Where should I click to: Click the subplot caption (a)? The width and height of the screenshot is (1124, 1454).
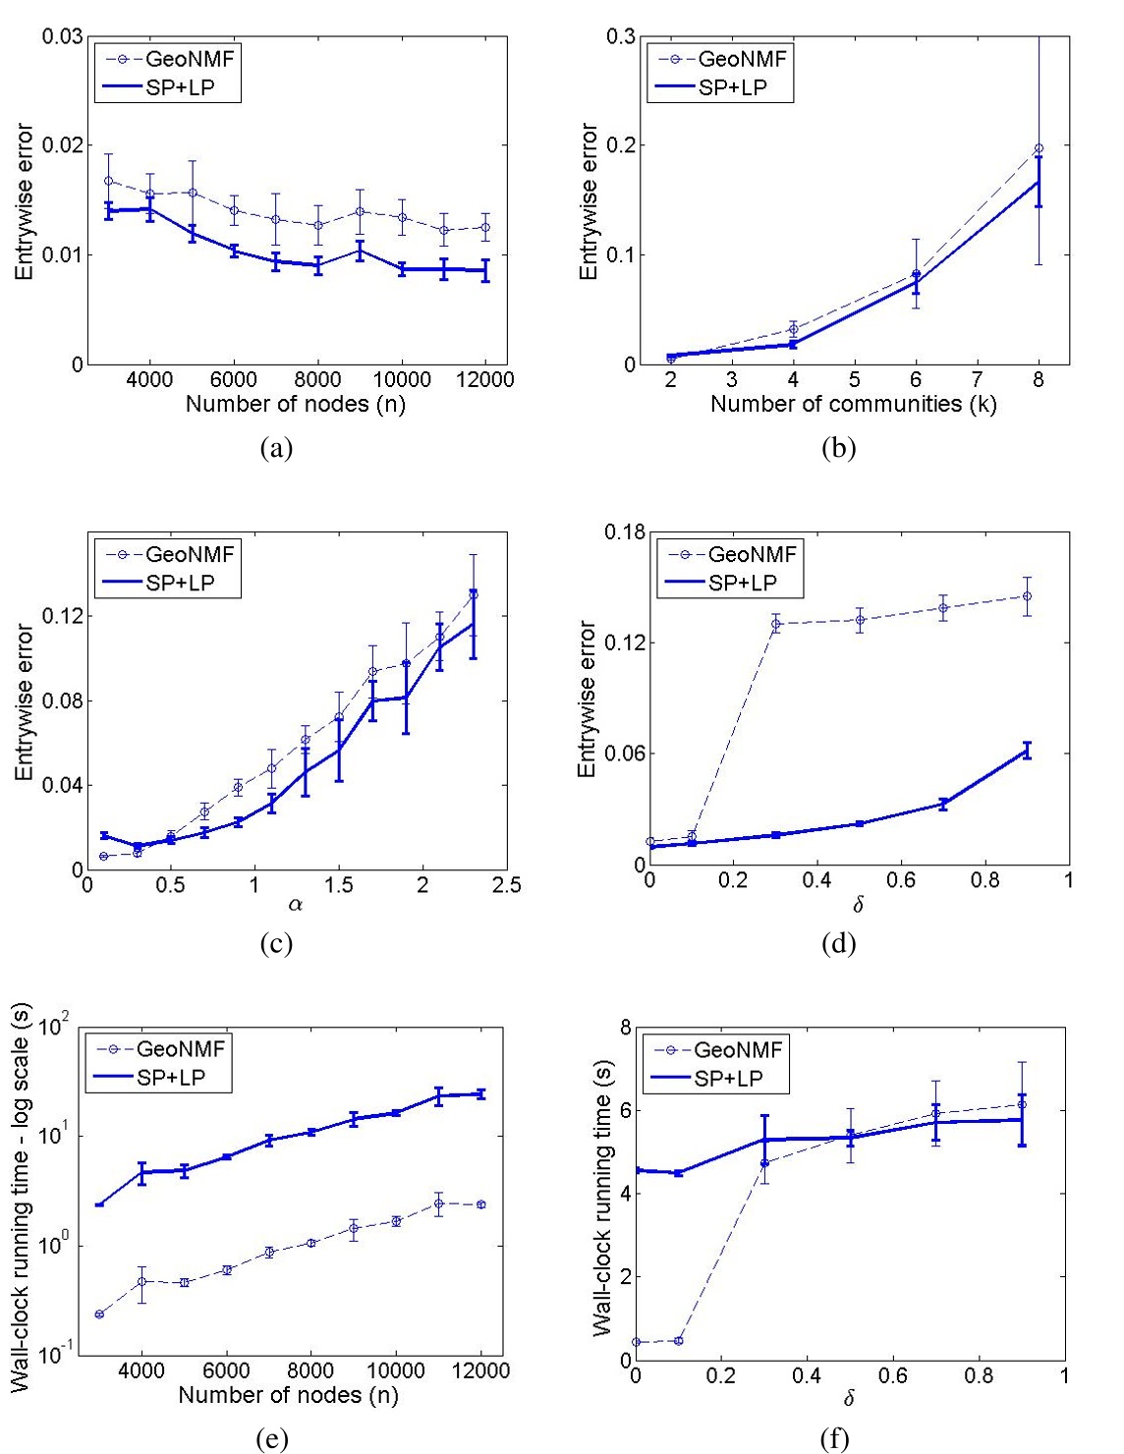(x=276, y=448)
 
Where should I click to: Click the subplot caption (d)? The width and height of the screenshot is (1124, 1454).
(x=838, y=943)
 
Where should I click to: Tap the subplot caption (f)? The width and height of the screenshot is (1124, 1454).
(x=834, y=1439)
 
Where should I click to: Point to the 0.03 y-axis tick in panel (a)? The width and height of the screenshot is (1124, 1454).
(x=62, y=37)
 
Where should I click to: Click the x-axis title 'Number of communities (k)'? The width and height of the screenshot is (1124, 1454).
(x=853, y=404)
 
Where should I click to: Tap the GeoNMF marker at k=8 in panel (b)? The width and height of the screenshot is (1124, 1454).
(x=1039, y=148)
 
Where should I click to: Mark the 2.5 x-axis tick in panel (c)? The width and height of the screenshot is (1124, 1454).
(x=507, y=885)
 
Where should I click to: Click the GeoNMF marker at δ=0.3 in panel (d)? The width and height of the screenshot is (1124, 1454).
(x=775, y=624)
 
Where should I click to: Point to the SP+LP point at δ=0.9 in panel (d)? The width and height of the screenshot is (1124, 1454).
(x=1028, y=752)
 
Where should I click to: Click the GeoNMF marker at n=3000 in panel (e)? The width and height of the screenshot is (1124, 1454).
(x=99, y=1314)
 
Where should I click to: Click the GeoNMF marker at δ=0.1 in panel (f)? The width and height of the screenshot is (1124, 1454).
(x=678, y=1341)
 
